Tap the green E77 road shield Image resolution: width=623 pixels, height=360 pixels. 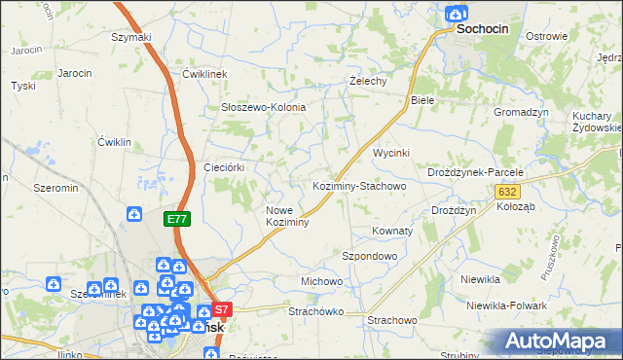[x=176, y=220]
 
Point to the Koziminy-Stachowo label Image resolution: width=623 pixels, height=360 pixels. [x=358, y=185]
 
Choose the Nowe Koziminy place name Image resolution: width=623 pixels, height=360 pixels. [x=287, y=216]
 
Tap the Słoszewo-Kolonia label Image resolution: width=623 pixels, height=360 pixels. [x=263, y=107]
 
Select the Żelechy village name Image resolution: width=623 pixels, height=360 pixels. [x=369, y=82]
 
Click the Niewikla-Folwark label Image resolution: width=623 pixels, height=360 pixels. [x=506, y=305]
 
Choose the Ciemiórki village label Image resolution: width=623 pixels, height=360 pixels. [x=223, y=167]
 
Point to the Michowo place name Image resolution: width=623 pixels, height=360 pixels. [x=321, y=281]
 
